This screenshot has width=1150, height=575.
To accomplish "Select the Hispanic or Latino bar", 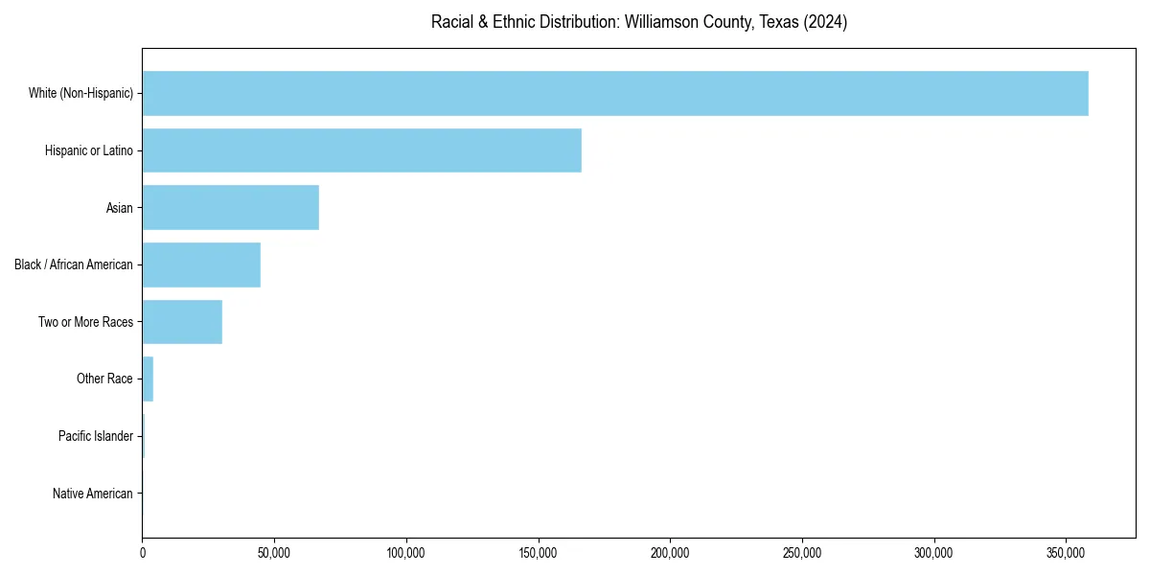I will [361, 150].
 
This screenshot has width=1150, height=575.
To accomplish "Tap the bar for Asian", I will [230, 208].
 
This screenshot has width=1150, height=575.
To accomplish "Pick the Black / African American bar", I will [201, 264].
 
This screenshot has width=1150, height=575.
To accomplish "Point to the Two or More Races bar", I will [182, 322].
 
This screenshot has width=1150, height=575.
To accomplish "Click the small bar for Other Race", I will [148, 379].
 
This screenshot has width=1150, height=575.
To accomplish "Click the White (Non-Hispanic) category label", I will [80, 93].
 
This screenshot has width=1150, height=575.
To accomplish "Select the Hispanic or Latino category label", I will [88, 150].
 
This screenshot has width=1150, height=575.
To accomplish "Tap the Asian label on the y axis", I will [119, 208].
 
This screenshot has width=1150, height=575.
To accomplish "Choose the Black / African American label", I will [74, 264].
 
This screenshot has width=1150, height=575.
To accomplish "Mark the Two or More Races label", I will [85, 322].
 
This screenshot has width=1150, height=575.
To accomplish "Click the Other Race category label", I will [104, 379].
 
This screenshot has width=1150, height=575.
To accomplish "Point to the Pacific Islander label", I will [95, 436].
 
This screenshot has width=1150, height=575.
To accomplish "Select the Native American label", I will [93, 494].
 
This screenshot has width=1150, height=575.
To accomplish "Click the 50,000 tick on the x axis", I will [274, 553].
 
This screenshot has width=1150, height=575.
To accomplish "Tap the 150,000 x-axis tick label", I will [538, 553].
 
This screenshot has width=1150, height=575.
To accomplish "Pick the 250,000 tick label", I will [801, 553].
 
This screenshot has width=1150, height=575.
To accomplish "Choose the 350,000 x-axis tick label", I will [1066, 553].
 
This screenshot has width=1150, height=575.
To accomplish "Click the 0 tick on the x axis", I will [143, 553].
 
